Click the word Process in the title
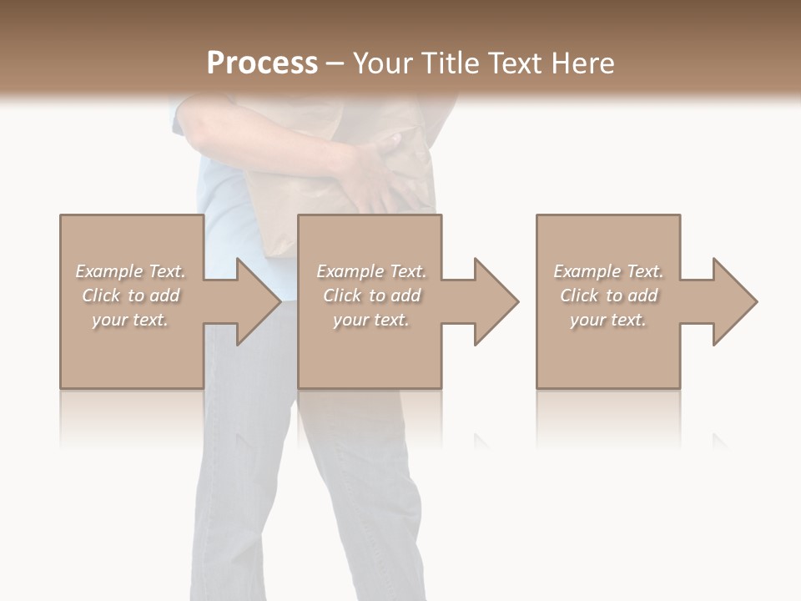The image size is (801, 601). pos(262,63)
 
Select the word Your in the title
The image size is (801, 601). pos(383,63)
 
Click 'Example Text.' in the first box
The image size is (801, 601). pos(131,271)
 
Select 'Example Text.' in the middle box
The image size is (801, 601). pos(371,271)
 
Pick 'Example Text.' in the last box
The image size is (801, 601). pos(608,271)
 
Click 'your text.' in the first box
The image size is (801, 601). pos(131,320)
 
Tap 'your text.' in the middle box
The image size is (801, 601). pos(371,320)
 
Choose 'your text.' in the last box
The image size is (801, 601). pos(608,320)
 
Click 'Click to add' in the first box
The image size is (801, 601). pos(131,295)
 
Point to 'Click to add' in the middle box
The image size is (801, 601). pos(371,295)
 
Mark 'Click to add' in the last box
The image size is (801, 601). pos(608,295)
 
